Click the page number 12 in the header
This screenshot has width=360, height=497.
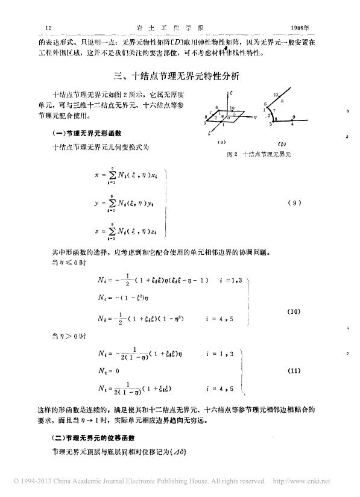tap(49, 28)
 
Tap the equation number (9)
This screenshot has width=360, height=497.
tap(294, 203)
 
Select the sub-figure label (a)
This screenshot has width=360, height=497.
tap(222, 144)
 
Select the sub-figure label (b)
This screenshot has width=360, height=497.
tap(282, 145)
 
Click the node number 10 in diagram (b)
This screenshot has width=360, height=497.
tap(274, 95)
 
